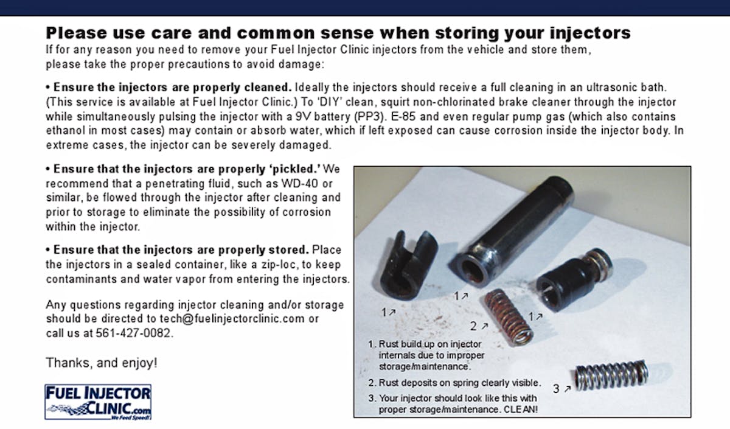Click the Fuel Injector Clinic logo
pyautogui.click(x=98, y=402)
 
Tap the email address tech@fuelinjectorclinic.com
pyautogui.click(x=232, y=318)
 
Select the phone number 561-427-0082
pyautogui.click(x=133, y=333)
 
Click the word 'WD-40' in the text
pyautogui.click(x=299, y=184)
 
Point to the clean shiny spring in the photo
pyautogui.click(x=611, y=375)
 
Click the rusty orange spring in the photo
pyautogui.click(x=509, y=317)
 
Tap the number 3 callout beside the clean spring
pyautogui.click(x=556, y=389)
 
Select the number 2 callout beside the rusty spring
pyautogui.click(x=473, y=326)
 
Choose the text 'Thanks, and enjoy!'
pyautogui.click(x=102, y=363)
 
